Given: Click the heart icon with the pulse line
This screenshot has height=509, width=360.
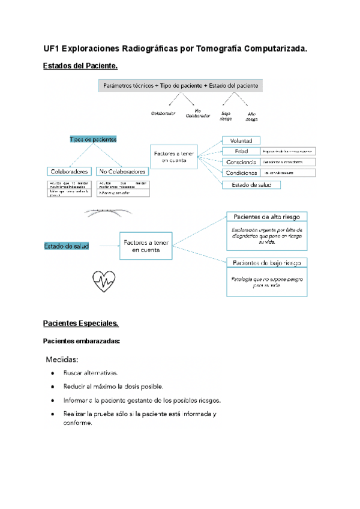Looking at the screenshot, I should tap(103, 281).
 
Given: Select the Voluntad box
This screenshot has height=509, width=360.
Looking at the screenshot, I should tap(241, 140).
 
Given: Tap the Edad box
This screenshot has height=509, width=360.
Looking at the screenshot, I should tap(241, 151).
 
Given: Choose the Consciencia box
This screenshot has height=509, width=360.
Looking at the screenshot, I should tap(241, 162).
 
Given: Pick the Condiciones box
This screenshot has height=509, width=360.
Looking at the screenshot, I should tap(241, 173).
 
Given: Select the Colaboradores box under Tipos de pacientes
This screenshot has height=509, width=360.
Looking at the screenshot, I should tap(70, 171).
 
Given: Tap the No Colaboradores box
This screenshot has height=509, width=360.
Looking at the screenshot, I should tap(123, 171).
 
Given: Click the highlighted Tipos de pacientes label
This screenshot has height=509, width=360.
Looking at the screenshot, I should tap(93, 139).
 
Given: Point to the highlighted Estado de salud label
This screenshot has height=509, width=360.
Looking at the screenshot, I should tap(66, 245).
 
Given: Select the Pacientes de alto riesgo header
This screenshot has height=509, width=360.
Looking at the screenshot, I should tap(267, 216).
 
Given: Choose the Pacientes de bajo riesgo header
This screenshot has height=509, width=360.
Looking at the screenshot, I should tap(267, 262).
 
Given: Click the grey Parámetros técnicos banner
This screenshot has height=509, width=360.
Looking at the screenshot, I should tap(181, 86).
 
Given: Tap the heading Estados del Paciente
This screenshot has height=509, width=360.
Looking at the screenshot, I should tap(80, 65).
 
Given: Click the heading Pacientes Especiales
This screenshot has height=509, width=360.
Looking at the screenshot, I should tap(80, 324).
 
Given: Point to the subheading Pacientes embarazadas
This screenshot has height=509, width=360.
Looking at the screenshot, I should tap(82, 341).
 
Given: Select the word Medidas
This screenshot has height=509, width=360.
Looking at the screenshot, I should tap(62, 360).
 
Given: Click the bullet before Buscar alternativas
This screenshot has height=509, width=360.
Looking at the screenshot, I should tap(54, 373).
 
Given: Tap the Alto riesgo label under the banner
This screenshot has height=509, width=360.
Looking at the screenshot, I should tap(251, 116).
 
